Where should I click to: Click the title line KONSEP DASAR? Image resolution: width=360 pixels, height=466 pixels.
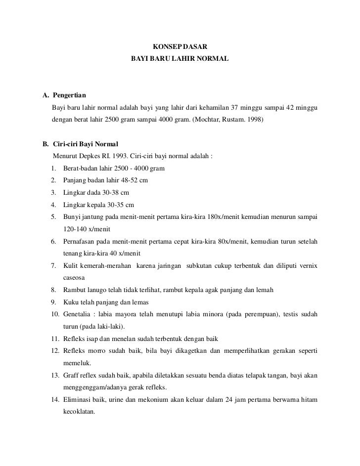click(x=180, y=46)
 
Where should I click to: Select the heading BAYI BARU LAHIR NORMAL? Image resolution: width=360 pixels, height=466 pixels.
click(x=180, y=59)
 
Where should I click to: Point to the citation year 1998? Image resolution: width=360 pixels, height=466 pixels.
click(x=255, y=120)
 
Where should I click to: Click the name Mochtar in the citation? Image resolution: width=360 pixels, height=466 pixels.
click(x=210, y=120)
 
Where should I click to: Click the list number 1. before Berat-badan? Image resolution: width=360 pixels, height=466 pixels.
click(x=53, y=169)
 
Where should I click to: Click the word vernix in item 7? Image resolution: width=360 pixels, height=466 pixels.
click(x=308, y=266)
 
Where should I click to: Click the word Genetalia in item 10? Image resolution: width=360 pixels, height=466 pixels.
click(x=78, y=314)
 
